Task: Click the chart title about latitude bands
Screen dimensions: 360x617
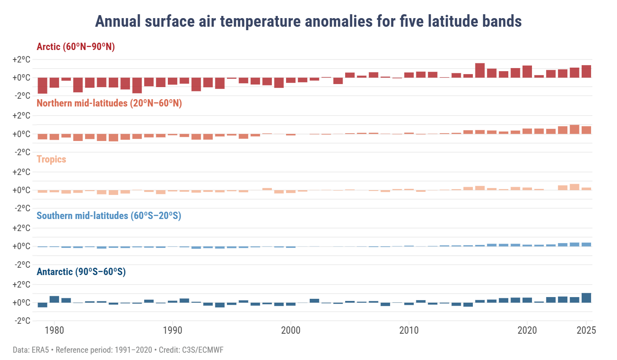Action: tap(308, 21)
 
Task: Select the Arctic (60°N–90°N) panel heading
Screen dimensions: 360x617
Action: tap(76, 47)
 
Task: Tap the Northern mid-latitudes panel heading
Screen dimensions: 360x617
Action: tap(109, 103)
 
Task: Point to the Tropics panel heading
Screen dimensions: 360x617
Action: tap(51, 160)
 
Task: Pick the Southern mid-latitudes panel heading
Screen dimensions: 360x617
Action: tap(109, 216)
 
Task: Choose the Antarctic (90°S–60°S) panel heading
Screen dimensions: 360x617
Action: tap(81, 272)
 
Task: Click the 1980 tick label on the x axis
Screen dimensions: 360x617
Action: tap(54, 331)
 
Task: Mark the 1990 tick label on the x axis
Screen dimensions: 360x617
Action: tap(173, 331)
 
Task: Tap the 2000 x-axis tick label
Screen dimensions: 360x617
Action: tap(291, 331)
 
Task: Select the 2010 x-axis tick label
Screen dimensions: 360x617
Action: tap(409, 331)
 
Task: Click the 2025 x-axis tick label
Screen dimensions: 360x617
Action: tap(586, 331)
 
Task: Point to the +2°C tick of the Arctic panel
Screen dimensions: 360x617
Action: tap(21, 59)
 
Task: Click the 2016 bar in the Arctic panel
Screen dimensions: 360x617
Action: tap(480, 70)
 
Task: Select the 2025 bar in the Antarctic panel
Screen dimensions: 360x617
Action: tap(586, 298)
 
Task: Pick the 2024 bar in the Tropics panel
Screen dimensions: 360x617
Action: tap(574, 187)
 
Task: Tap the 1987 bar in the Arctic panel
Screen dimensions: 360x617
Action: tap(137, 85)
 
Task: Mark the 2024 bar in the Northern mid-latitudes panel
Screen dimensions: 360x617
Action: tap(574, 129)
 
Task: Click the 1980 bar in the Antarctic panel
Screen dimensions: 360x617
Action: tap(54, 299)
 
